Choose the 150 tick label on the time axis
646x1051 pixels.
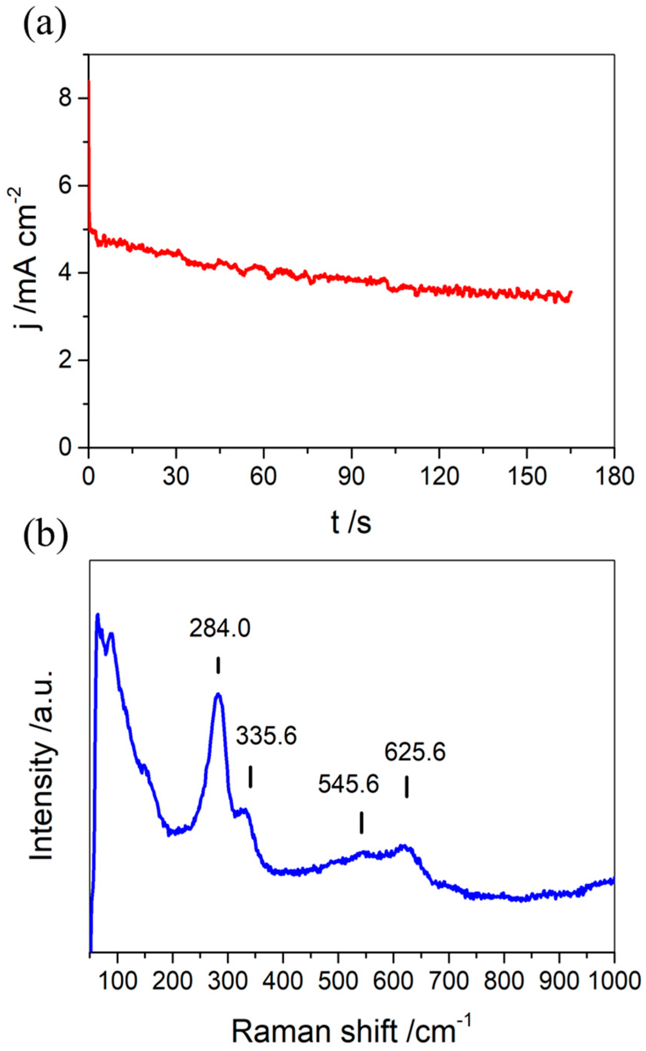pos(526,476)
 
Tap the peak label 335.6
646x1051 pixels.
pos(266,736)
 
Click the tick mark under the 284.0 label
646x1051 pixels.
pos(218,665)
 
